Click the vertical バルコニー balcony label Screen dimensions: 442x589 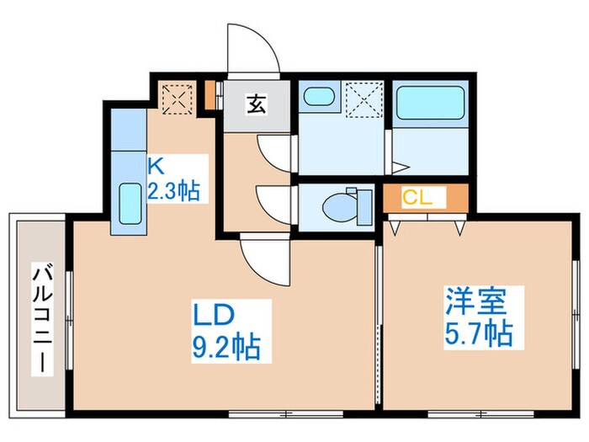[38, 320]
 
